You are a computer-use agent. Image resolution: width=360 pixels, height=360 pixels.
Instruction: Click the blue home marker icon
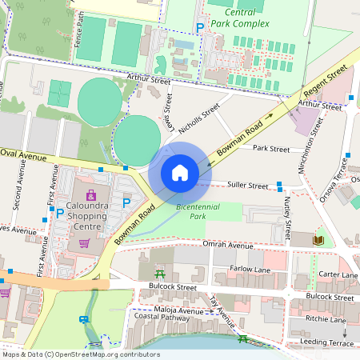(180, 172)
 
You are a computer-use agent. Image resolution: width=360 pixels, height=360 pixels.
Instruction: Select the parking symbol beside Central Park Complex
(200, 28)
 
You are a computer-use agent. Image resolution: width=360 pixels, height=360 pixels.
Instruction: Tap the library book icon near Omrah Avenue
(318, 239)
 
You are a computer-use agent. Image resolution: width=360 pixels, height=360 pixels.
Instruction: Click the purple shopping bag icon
(90, 195)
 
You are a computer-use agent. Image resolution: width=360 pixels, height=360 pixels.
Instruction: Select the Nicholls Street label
(199, 119)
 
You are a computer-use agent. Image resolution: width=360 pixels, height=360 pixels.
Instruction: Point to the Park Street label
(270, 149)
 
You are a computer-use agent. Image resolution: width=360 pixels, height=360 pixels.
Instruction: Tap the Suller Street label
(247, 186)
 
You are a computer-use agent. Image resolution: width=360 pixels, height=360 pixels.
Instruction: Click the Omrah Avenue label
(227, 245)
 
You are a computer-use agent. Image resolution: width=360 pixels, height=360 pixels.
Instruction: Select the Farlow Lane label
(251, 269)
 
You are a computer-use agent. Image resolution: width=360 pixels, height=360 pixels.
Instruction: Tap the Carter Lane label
(338, 275)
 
